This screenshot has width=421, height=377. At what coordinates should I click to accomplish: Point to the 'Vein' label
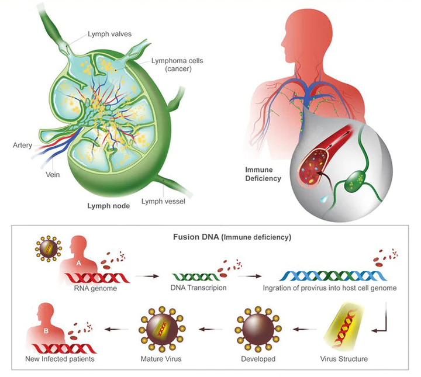pos(53,174)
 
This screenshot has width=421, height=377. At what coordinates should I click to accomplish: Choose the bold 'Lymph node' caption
pos(106,206)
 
